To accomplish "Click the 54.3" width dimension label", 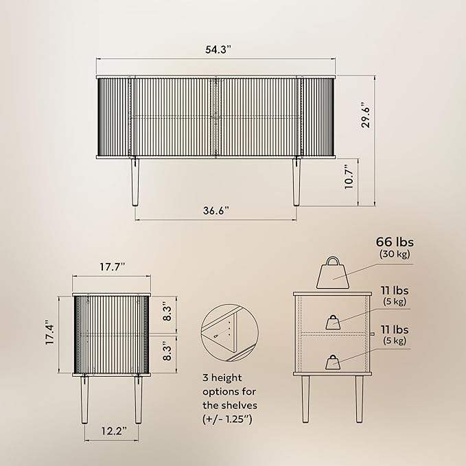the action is (218, 49).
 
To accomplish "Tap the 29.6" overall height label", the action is (366, 115).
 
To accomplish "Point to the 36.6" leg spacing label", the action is (216, 211).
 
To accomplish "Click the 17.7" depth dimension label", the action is (112, 267).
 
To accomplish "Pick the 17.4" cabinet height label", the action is (50, 332).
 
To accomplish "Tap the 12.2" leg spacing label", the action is (114, 431).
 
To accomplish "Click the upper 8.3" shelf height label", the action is (167, 311).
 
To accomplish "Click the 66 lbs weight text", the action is (395, 242).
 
